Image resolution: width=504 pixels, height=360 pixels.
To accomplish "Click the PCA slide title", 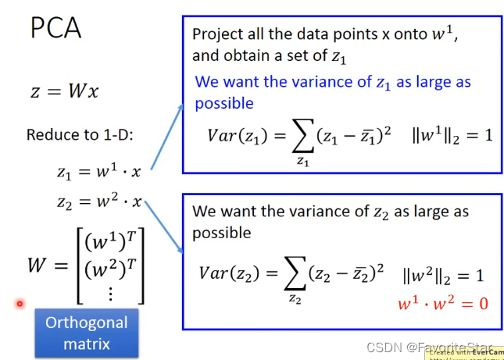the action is pyautogui.click(x=55, y=28).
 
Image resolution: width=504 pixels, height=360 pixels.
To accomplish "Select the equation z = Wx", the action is pyautogui.click(x=64, y=91).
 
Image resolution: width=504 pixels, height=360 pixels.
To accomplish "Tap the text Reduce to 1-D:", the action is pyautogui.click(x=80, y=134).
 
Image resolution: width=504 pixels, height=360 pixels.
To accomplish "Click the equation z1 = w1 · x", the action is pyautogui.click(x=99, y=171).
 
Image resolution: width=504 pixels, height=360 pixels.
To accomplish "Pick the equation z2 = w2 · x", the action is pyautogui.click(x=99, y=201).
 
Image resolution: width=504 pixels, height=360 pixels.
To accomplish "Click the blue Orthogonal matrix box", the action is pyautogui.click(x=87, y=333).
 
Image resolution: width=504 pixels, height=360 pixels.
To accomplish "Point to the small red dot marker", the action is pyautogui.click(x=20, y=304).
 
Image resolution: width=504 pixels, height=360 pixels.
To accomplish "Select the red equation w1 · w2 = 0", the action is pyautogui.click(x=443, y=303).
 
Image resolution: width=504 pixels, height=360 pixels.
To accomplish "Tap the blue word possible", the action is pyautogui.click(x=224, y=103).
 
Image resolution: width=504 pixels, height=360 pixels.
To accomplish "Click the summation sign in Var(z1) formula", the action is pyautogui.click(x=302, y=136).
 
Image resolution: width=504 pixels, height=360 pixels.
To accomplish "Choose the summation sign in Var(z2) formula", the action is pyautogui.click(x=295, y=273).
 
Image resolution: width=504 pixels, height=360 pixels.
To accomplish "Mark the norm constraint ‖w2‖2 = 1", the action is pyautogui.click(x=443, y=276).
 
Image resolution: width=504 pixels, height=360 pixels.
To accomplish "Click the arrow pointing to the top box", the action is pyautogui.click(x=166, y=137).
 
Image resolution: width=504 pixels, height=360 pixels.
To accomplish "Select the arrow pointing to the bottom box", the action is pyautogui.click(x=164, y=227).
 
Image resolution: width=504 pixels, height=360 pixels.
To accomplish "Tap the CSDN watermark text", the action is pyautogui.click(x=430, y=348).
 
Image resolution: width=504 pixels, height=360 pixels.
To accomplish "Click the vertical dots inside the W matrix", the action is pyautogui.click(x=111, y=294).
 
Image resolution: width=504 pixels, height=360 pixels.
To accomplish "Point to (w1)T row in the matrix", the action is pyautogui.click(x=111, y=241).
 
